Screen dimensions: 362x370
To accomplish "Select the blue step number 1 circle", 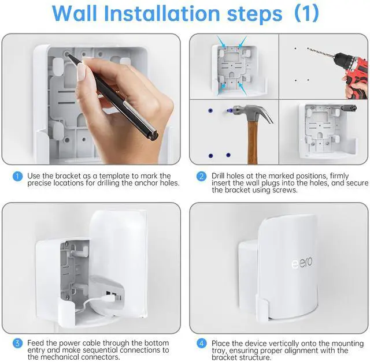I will point(18,176).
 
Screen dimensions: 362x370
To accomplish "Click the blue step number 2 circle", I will point(201,176).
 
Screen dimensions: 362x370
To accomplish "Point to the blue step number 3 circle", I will point(18,343).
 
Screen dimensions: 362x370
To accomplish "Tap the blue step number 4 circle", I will point(201,343).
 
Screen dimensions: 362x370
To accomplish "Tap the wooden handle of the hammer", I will point(253,144).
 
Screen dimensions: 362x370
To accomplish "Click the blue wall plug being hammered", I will point(230,109).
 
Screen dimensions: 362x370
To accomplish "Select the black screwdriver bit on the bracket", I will point(350,107).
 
